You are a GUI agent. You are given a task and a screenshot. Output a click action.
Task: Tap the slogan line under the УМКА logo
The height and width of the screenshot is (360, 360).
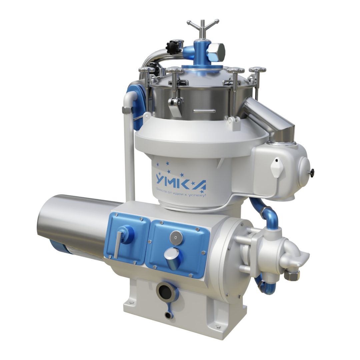(181, 192)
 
